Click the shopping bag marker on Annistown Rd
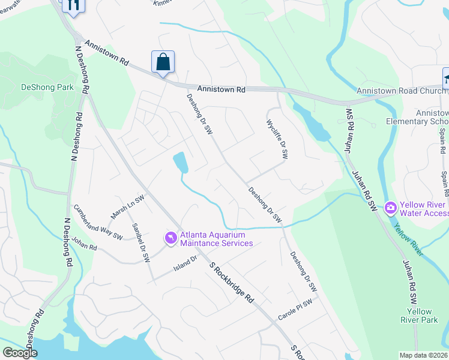coord(163,62)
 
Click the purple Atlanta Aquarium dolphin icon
coord(170,238)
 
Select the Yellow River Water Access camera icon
coord(391,208)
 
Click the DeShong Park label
coord(47,87)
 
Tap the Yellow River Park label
coord(419,316)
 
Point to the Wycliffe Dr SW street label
coord(277,137)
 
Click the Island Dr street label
coord(186,262)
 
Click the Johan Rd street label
coord(84,244)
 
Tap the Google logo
coord(20,353)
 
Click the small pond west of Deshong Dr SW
coord(180,162)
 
